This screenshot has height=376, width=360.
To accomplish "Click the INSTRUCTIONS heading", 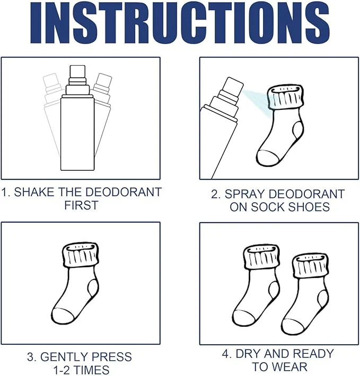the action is pos(180,23).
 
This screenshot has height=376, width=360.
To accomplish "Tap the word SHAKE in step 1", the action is pos(34,192).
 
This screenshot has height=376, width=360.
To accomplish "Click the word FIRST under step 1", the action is pos(81,205).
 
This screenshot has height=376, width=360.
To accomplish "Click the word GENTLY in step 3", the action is pos(61,356).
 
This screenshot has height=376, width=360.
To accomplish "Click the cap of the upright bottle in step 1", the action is pos(77,71).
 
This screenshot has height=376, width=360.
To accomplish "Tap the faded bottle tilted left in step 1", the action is pos(52,113).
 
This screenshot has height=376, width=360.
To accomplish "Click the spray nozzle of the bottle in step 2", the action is pos(233,87).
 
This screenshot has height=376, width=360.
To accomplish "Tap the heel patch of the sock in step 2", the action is pos(297,130).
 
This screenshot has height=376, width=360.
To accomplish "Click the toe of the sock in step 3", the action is pos(63,316).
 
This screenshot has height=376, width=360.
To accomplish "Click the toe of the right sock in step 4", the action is pos(293,327).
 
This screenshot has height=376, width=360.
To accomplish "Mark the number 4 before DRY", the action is pos(225,354).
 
